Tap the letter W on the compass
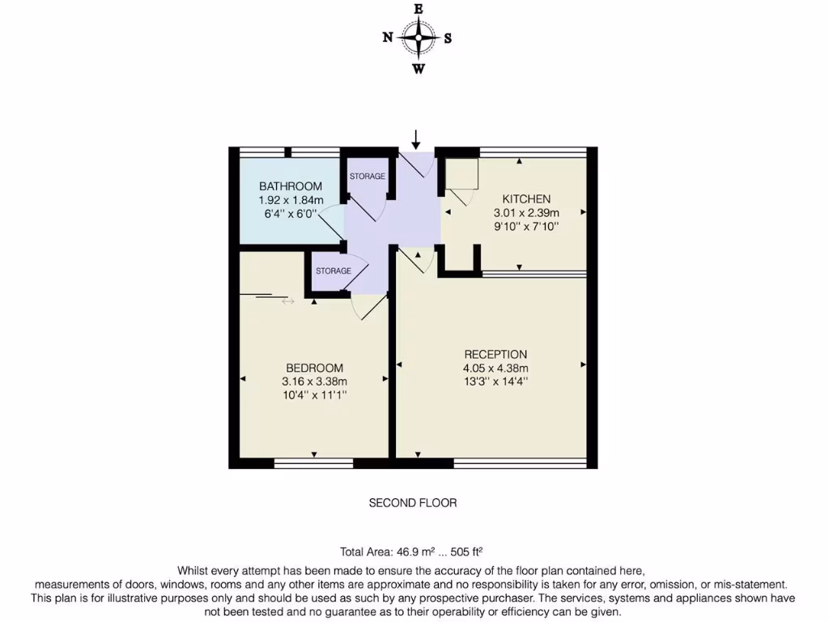419,69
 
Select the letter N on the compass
388,37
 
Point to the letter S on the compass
448,37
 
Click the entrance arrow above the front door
416,138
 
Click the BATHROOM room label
291,186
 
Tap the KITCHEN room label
526,199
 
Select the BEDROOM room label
314,368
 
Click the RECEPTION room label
495,355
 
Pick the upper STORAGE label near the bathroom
367,177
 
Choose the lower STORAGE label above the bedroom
334,271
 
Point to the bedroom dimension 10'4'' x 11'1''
314,395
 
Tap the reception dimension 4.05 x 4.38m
495,369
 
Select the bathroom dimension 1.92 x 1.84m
291,200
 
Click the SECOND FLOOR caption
413,503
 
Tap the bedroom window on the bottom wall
313,463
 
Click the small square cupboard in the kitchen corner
464,173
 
